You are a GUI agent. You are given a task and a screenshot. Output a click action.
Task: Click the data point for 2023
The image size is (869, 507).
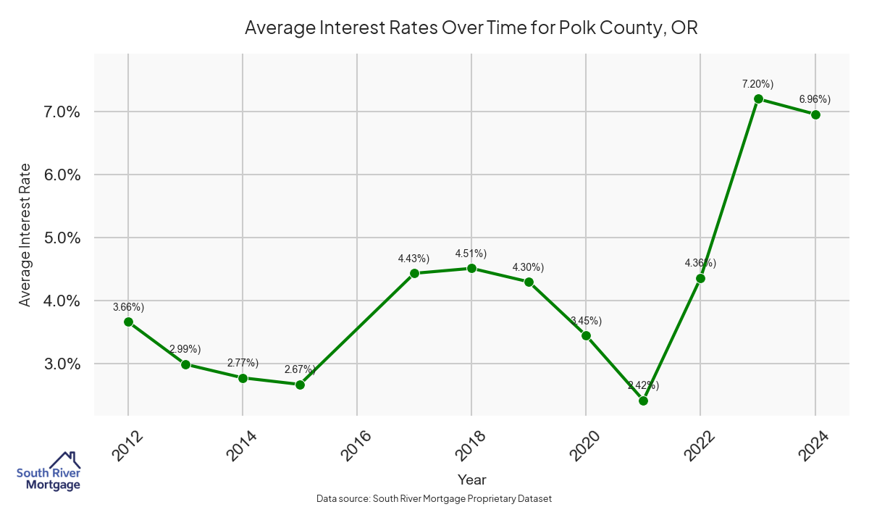pos(758,99)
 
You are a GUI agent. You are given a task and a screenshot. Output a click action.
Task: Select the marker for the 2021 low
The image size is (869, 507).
pos(643,401)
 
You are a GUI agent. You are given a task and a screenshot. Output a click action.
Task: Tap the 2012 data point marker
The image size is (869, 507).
pos(128,322)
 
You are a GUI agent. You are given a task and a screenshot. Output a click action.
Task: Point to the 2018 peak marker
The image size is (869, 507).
pos(471,268)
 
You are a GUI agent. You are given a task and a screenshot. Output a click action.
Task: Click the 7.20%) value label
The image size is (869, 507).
pos(757,84)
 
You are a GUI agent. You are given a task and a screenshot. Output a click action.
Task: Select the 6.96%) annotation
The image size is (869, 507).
pos(815,99)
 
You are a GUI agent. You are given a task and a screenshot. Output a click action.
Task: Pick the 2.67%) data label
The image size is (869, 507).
pos(300,369)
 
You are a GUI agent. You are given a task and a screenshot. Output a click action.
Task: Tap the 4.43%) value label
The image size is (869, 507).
pos(413,259)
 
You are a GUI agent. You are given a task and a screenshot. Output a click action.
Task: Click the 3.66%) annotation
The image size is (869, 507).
pos(128,307)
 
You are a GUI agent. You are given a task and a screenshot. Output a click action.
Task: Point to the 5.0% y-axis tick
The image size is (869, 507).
pos(59,238)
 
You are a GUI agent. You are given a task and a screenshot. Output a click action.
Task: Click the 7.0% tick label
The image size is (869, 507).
pos(59,112)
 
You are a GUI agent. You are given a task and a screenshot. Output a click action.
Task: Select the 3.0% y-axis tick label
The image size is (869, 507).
pos(59,364)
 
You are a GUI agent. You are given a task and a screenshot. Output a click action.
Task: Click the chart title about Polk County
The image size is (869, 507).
pos(471,28)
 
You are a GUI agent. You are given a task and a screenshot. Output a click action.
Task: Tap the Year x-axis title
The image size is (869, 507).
pos(471,479)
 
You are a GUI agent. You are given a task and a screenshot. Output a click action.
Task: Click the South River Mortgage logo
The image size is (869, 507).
pos(49,472)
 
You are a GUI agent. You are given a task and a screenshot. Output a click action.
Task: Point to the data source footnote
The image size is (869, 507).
pos(434,498)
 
